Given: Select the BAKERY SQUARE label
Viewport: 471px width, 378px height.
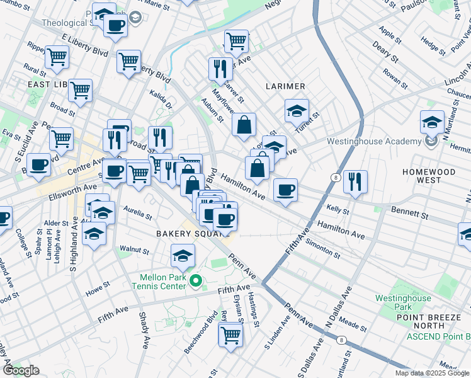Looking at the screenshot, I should pyautogui.click(x=182, y=234).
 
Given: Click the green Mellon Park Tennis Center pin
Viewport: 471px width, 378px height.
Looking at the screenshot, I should pyautogui.click(x=195, y=280).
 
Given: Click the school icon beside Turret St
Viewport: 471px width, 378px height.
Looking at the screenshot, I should pyautogui.click(x=297, y=111).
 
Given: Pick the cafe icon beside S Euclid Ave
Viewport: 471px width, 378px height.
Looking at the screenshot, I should pyautogui.click(x=39, y=164).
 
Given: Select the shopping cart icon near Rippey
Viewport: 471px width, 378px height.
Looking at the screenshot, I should pyautogui.click(x=57, y=57).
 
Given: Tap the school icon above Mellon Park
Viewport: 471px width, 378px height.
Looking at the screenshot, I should pyautogui.click(x=183, y=255).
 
